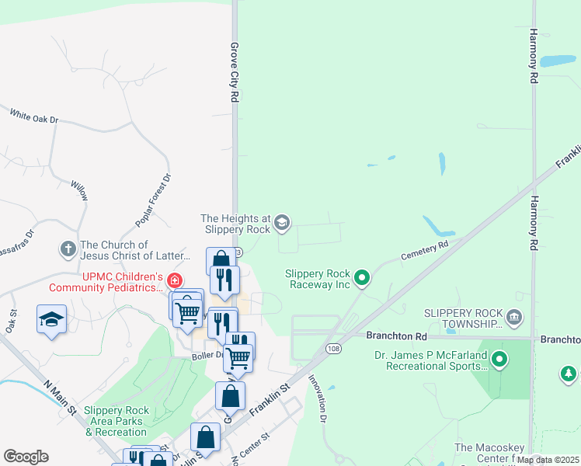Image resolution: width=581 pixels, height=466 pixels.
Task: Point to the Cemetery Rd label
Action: pos(425,249)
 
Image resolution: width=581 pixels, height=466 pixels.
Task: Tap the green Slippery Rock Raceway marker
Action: pos(361,276)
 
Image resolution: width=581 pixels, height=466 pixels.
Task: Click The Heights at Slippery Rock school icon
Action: pos(282,224)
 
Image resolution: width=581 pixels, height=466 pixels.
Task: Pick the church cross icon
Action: pos(68,249)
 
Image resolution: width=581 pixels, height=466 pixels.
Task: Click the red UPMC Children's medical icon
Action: pos(176,280)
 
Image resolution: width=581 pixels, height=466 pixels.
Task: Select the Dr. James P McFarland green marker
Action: pos(500,360)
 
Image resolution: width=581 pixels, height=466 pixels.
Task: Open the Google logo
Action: pos(26,457)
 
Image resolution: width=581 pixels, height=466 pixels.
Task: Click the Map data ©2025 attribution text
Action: pos(547,460)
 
